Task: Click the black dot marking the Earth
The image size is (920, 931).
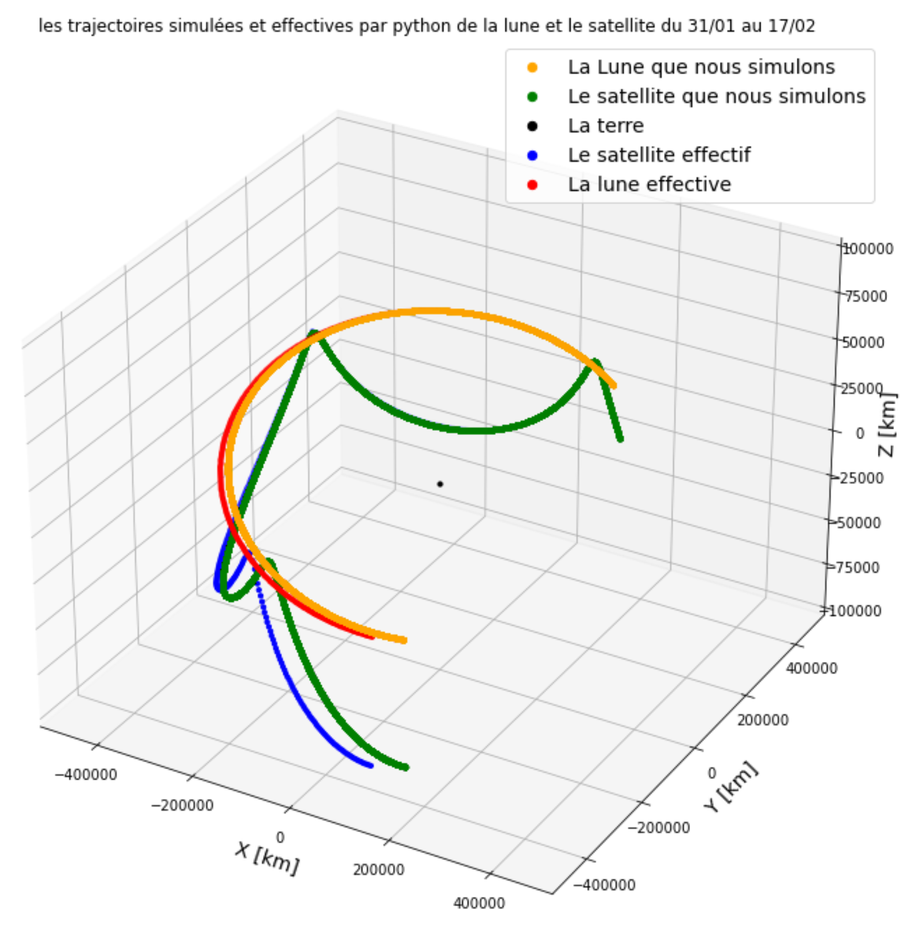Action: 440,484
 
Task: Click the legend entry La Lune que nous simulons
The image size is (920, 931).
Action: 701,67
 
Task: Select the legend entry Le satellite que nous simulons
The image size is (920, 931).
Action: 717,97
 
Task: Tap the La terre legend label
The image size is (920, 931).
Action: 606,126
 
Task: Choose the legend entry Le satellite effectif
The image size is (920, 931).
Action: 659,155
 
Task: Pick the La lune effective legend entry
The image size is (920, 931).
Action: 649,184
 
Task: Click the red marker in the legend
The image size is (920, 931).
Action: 532,185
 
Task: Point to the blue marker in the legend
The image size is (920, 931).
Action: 532,156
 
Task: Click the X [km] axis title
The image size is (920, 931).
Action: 267,858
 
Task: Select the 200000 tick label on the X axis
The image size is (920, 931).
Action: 379,870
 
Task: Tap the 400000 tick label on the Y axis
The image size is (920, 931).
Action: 811,668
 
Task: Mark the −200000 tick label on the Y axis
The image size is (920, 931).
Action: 659,828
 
